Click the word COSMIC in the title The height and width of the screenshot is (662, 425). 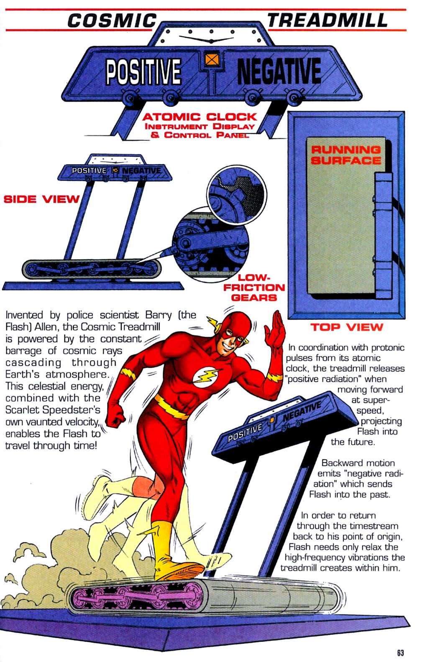112,20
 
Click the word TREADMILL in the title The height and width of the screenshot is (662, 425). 328,20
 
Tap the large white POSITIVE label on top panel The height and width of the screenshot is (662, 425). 143,71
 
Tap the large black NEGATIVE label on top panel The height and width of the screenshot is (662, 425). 279,71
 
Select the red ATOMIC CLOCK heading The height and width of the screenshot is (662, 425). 200,117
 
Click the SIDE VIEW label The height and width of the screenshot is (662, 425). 41,199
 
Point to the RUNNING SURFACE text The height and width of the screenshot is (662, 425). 346,155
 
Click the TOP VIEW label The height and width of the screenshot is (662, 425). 346,327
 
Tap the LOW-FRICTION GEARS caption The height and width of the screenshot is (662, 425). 253,288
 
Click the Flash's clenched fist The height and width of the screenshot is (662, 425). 116,415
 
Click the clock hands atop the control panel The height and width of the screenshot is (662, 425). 211,40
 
